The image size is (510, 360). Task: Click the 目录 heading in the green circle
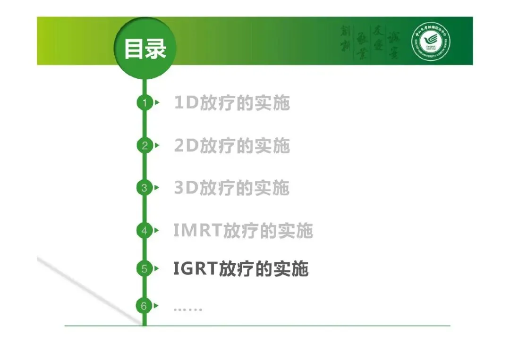[145, 49]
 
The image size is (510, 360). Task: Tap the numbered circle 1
[144, 102]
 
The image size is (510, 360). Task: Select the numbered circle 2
[144, 145]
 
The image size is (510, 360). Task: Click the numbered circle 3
[144, 188]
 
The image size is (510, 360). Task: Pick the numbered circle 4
[144, 231]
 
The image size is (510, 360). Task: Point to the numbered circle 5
[144, 268]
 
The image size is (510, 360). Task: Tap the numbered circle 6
[144, 306]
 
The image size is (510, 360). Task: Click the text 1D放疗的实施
[231, 103]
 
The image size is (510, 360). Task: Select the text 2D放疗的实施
[231, 146]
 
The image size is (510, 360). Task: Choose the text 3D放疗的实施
[231, 188]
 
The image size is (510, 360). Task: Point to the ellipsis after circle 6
[187, 309]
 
